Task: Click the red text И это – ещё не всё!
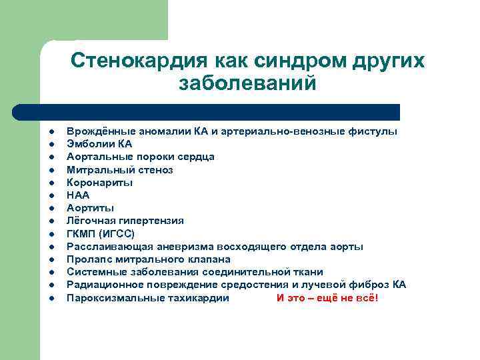point(327,298)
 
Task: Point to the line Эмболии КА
point(99,144)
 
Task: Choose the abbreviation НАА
point(78,195)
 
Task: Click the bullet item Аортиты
point(90,208)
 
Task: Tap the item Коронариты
point(99,183)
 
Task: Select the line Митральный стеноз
point(119,170)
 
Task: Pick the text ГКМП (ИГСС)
point(100,233)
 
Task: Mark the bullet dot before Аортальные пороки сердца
point(50,157)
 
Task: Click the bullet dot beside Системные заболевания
point(50,273)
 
